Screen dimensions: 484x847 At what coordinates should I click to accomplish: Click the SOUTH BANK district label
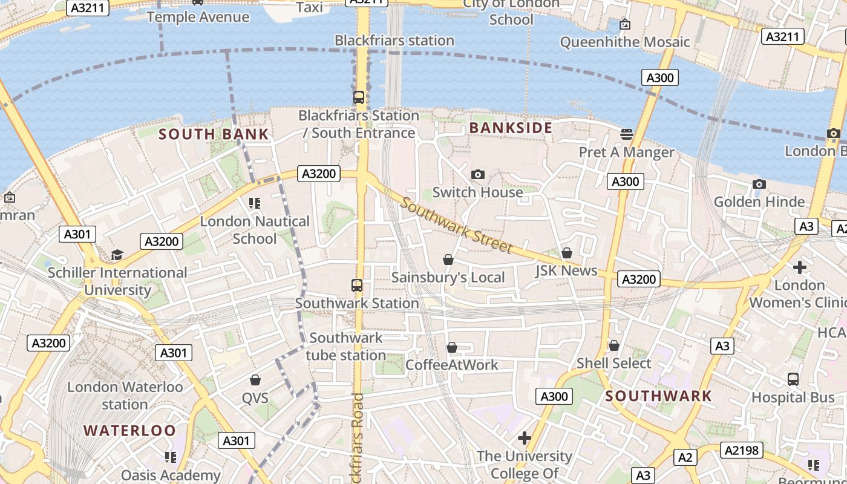coord(214,134)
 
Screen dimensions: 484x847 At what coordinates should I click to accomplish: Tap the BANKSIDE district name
coord(511,128)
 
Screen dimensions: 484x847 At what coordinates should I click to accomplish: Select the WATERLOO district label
coord(129,431)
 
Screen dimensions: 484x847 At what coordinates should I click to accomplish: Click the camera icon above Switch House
coord(477,175)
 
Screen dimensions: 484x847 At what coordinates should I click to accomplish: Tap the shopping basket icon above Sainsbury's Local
coord(448,260)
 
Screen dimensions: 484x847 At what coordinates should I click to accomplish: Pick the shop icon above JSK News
coord(567,253)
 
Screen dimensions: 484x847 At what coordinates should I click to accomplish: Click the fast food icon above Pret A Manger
coord(627,134)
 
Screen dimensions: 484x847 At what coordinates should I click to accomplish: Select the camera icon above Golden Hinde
coord(759,184)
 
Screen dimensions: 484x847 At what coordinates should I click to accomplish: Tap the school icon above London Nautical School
coord(255,203)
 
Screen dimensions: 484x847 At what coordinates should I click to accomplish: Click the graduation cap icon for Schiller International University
coord(117,255)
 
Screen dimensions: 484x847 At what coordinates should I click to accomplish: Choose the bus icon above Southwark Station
coord(357,285)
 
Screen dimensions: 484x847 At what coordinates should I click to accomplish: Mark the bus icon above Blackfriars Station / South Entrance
coord(359,97)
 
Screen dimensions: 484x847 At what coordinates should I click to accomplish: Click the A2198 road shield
coord(741,450)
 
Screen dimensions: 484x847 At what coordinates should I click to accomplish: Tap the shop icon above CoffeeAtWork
coord(452,347)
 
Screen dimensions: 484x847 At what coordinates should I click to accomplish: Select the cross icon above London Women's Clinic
coord(800,267)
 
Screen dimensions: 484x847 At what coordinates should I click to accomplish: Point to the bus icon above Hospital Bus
coord(793,379)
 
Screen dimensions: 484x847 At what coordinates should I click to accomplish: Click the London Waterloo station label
coord(125,395)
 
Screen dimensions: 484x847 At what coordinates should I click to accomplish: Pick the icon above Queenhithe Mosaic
coord(625,24)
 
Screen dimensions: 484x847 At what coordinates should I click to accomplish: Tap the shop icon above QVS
coord(255,380)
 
